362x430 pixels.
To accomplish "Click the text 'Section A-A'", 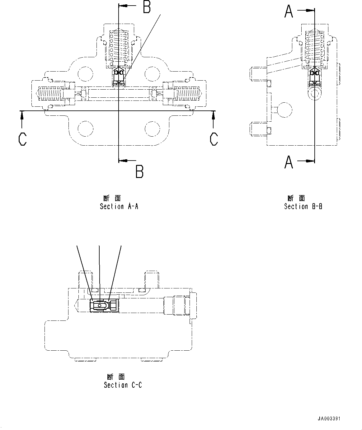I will click(x=119, y=206).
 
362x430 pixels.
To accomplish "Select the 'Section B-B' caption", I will click(x=303, y=206).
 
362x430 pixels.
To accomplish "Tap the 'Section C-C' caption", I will click(x=123, y=385).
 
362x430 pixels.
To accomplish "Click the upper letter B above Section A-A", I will click(x=147, y=7).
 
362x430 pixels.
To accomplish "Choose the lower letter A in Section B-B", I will click(x=289, y=162).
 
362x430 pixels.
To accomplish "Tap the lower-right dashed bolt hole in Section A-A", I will click(x=153, y=129).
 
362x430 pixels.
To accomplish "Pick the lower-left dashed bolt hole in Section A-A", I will click(x=85, y=129).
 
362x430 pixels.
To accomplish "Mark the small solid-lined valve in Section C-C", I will click(x=104, y=306).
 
